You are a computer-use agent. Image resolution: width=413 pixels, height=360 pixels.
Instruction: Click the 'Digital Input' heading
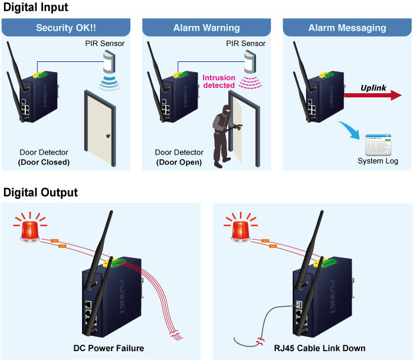36,8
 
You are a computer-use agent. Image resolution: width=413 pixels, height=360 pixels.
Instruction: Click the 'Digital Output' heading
41,192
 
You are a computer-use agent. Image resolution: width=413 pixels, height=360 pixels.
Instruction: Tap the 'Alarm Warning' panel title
206,28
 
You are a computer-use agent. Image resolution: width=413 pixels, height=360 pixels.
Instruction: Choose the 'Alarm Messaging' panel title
347,28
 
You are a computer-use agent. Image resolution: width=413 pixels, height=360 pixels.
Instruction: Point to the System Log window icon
378,145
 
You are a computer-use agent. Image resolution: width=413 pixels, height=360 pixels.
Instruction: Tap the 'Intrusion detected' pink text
219,81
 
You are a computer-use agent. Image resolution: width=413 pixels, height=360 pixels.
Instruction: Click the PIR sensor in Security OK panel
110,63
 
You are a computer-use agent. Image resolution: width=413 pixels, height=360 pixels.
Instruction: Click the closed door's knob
108,135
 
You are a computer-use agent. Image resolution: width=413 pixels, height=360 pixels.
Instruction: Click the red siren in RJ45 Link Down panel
240,228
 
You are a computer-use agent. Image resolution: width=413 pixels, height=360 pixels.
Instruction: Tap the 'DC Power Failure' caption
109,348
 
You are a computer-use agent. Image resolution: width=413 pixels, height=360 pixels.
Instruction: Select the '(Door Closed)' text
44,162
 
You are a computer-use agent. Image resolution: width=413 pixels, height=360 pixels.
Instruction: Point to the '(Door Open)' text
179,162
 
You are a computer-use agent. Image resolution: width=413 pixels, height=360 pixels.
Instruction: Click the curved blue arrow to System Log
351,131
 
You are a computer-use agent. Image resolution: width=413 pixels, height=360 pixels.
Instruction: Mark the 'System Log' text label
378,161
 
